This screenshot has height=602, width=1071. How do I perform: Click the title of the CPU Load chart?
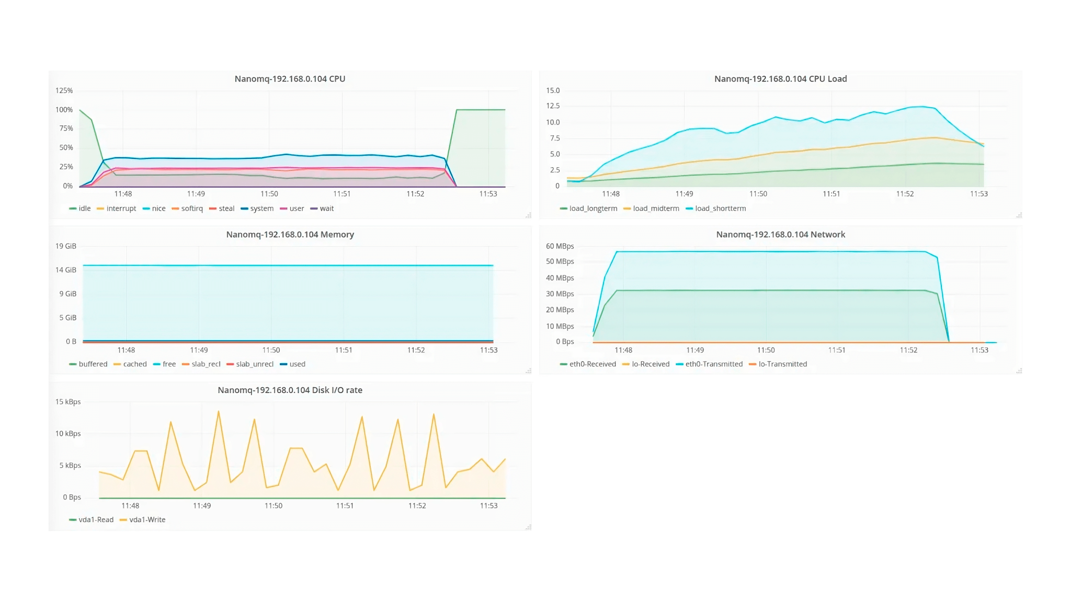[x=780, y=79]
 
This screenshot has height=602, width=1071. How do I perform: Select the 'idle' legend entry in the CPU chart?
[x=84, y=209]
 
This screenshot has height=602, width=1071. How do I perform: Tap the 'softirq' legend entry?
[x=191, y=209]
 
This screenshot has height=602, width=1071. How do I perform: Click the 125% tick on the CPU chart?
[x=64, y=90]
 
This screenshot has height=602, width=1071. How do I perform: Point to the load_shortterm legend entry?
[x=720, y=209]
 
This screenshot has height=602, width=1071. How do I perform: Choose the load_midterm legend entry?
[x=656, y=209]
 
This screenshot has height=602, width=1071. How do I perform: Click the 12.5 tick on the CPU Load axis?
[x=553, y=106]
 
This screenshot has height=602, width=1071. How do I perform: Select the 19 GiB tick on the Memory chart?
[x=66, y=246]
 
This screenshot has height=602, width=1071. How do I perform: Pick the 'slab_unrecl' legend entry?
[x=254, y=364]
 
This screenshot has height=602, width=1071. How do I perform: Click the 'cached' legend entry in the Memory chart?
[x=134, y=364]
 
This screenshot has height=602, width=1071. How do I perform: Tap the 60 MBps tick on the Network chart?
[x=560, y=246]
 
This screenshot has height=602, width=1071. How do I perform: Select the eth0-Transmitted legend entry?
[x=714, y=364]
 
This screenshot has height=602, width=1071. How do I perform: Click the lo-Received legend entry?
[x=650, y=364]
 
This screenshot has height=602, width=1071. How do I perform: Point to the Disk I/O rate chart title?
[x=290, y=390]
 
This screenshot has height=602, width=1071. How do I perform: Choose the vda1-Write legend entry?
[x=147, y=520]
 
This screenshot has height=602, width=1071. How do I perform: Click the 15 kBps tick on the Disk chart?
[x=68, y=402]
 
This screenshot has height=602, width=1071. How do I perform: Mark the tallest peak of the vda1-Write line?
[x=219, y=412]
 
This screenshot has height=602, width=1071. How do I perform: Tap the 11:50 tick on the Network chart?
[x=766, y=350]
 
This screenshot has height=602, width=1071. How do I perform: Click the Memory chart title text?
[x=290, y=235]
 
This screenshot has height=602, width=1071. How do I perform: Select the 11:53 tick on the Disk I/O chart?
[x=488, y=506]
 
